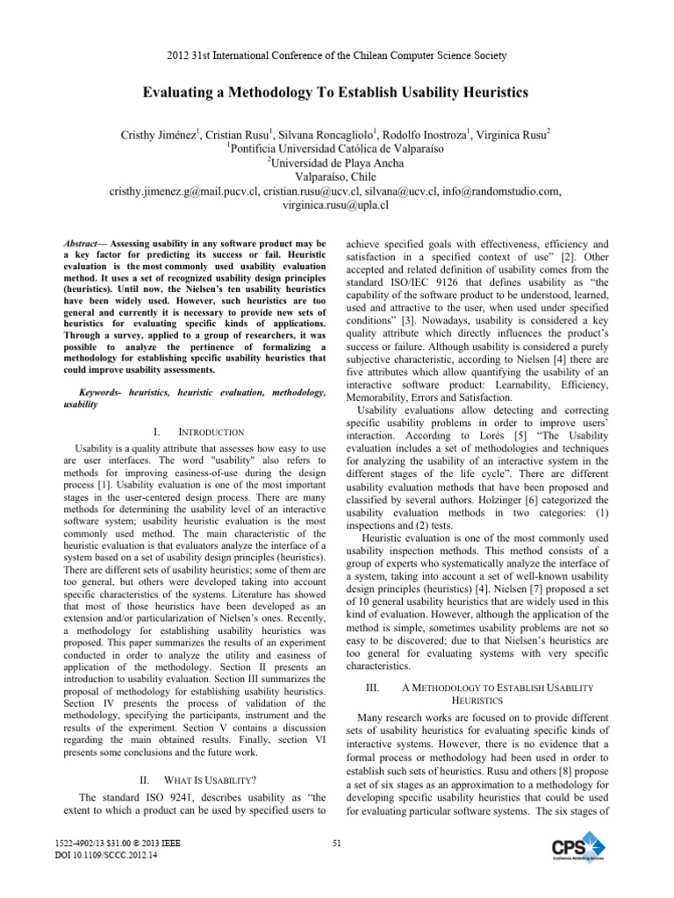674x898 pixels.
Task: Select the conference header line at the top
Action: (337, 55)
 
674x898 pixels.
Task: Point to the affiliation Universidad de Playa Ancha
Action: (337, 162)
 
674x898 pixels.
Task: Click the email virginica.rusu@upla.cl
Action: (337, 204)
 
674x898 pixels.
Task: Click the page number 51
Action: (337, 844)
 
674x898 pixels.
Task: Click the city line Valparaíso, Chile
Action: (337, 176)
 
